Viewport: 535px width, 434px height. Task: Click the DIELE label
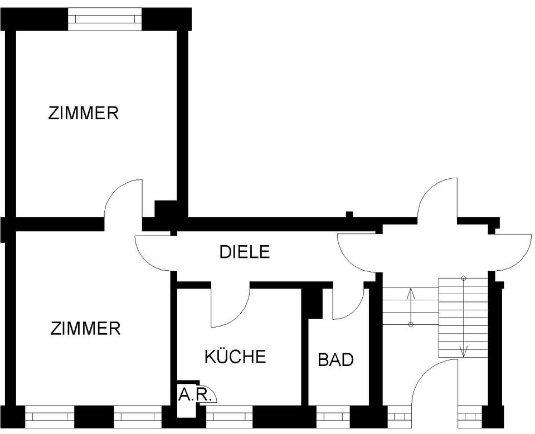[244, 252]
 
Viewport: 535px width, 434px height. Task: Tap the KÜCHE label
[235, 357]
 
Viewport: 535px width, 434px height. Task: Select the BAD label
[335, 360]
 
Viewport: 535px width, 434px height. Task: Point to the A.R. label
[194, 395]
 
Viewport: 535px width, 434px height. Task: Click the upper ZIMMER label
[83, 114]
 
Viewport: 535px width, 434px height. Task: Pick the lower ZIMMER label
[85, 328]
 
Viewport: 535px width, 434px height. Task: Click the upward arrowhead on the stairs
[411, 291]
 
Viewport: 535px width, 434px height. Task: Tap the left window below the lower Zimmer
[49, 416]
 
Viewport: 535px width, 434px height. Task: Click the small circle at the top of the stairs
[463, 277]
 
